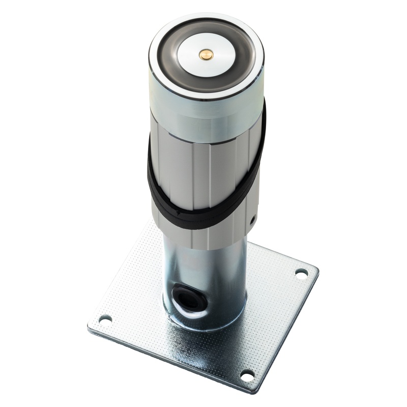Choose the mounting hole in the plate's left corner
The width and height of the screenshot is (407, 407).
pyautogui.click(x=105, y=319)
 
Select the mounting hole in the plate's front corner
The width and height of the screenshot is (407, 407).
pyautogui.click(x=247, y=376)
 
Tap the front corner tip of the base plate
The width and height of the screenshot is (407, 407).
pyautogui.click(x=254, y=392)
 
